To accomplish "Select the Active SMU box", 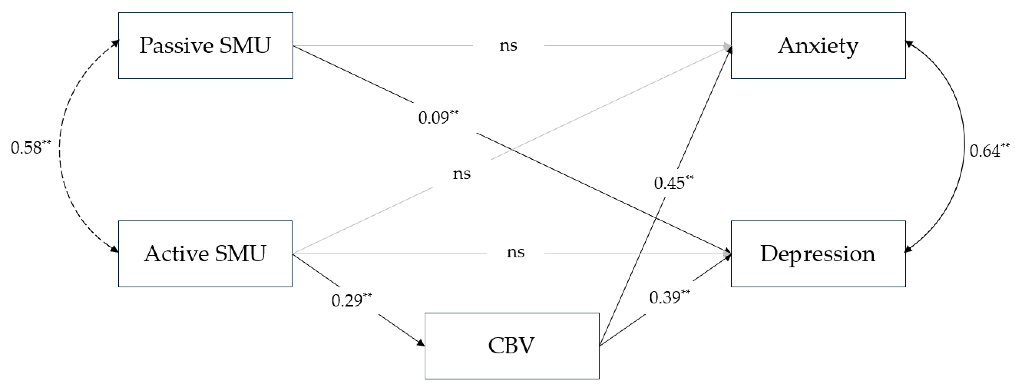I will [x=205, y=254].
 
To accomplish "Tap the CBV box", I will [x=512, y=346].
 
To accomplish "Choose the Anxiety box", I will [x=818, y=46].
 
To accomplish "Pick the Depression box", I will [x=818, y=254].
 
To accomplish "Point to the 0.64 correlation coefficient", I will [x=985, y=151].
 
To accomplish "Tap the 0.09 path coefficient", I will [x=434, y=118].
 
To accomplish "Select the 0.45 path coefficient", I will [x=670, y=183].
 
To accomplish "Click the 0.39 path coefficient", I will [x=665, y=298].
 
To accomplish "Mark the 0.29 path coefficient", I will [x=347, y=301].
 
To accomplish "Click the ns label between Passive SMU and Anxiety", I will [x=508, y=46].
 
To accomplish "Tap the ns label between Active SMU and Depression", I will [x=515, y=252].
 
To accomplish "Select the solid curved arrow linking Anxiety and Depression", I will [x=964, y=150].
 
